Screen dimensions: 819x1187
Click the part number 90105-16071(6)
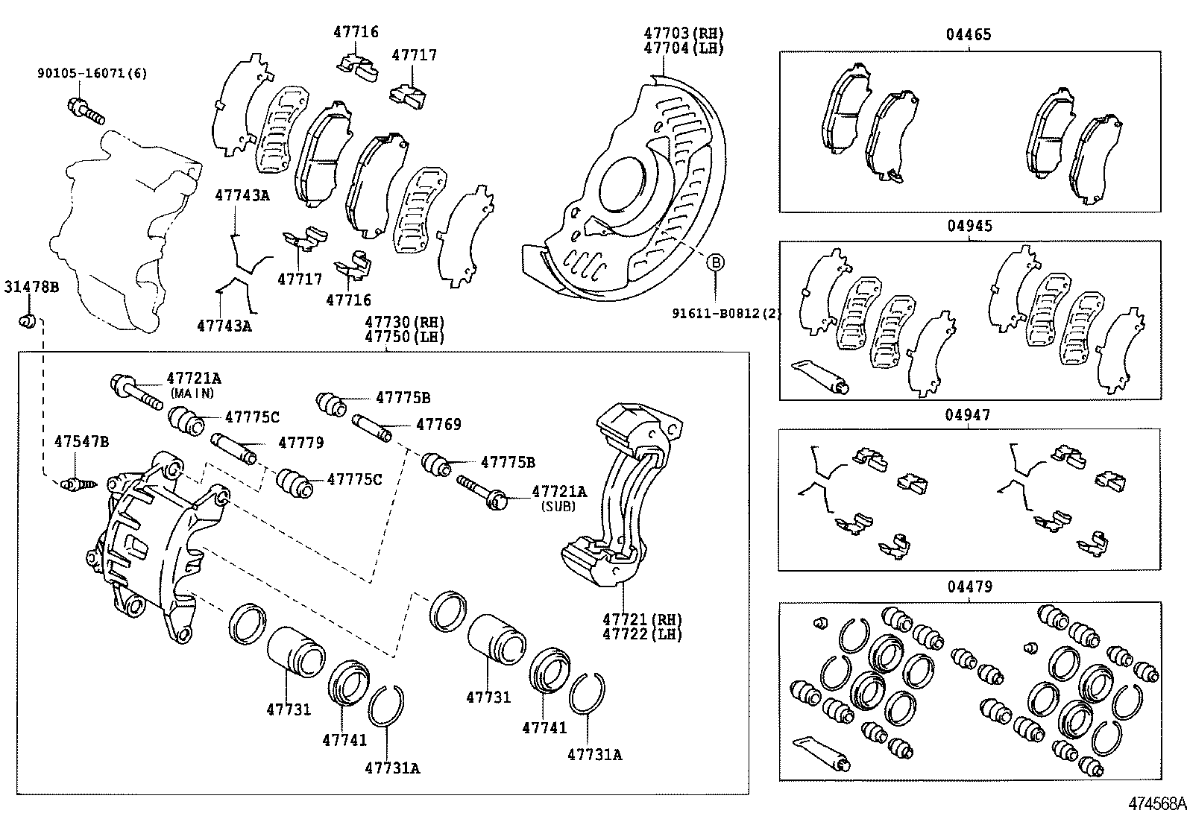pyautogui.click(x=92, y=73)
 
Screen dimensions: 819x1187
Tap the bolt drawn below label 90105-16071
pyautogui.click(x=86, y=110)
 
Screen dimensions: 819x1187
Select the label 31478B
pyautogui.click(x=31, y=287)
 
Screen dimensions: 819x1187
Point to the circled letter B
pyautogui.click(x=715, y=262)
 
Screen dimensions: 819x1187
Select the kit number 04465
pyautogui.click(x=969, y=35)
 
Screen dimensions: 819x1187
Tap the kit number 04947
pyautogui.click(x=969, y=415)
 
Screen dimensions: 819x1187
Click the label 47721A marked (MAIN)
pyautogui.click(x=194, y=378)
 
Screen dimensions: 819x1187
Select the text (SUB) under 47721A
pyautogui.click(x=559, y=505)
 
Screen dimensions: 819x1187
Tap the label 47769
pyautogui.click(x=438, y=425)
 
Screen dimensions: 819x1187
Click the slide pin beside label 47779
pyautogui.click(x=235, y=448)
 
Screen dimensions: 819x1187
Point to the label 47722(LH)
pyautogui.click(x=642, y=634)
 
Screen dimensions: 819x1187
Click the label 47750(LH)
pyautogui.click(x=404, y=336)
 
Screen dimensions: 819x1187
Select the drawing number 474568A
pyautogui.click(x=1156, y=804)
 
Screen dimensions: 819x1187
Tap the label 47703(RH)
pyautogui.click(x=684, y=34)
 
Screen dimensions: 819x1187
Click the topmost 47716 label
pyautogui.click(x=356, y=32)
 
